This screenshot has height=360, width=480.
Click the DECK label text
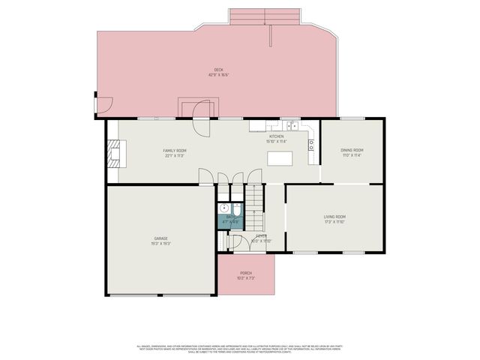coord(218,70)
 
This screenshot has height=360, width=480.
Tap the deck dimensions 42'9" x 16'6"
coord(218,75)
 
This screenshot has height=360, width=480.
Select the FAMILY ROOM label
coord(175,151)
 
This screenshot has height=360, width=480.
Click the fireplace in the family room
coord(114,154)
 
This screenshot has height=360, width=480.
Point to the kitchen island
coord(279,158)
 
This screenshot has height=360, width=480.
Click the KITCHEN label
coord(277,136)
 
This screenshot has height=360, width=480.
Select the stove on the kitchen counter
coord(310,145)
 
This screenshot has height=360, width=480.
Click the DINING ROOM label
coord(352,151)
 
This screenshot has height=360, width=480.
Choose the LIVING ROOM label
coord(334,217)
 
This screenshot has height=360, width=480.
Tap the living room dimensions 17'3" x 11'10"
coord(334,222)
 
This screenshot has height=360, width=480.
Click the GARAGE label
coord(160,238)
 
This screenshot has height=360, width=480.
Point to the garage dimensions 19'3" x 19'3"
coord(160,243)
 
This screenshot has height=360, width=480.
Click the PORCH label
coord(246,273)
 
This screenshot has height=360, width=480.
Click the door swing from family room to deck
coord(201,118)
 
